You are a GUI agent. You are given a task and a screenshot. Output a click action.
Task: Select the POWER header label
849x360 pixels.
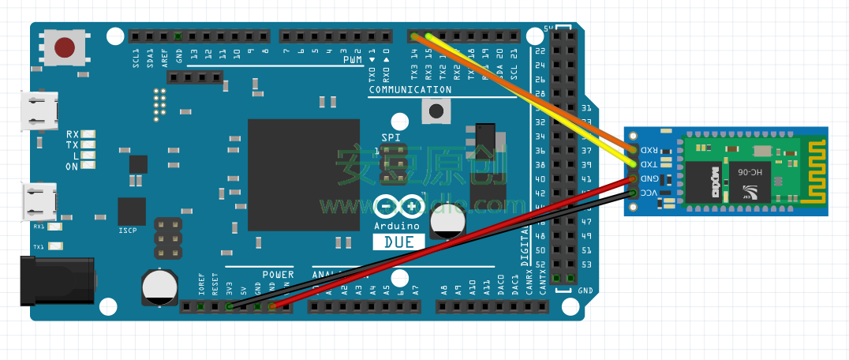[278, 275]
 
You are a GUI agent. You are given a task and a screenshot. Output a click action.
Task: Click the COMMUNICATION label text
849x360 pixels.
[410, 90]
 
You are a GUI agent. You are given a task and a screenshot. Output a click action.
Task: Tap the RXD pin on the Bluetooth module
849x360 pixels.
[634, 149]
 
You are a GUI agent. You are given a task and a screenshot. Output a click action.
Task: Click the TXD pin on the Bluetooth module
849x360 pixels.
[634, 164]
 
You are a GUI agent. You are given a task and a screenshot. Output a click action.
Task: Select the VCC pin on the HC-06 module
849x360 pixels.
[634, 193]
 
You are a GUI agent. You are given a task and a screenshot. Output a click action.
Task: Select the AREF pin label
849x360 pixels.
[164, 57]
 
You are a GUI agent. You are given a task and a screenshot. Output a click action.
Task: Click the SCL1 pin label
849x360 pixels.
[136, 57]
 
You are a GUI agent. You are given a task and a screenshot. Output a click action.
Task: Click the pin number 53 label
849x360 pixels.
[585, 264]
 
